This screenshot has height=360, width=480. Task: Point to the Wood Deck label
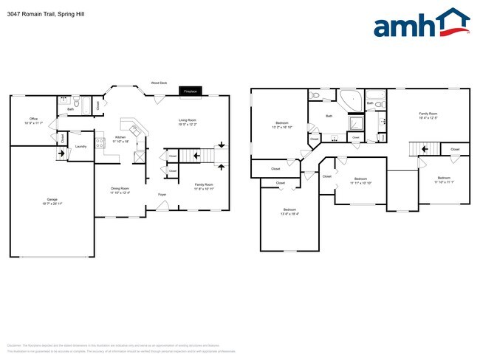(159, 83)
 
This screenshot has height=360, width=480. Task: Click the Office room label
(33, 119)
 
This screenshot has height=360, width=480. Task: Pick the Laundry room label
(80, 146)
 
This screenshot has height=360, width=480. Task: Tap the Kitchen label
(120, 136)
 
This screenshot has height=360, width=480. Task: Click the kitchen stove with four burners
(100, 140)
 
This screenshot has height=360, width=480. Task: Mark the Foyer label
(162, 195)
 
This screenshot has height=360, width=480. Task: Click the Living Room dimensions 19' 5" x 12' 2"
(187, 125)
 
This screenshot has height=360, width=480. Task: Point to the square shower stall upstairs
(355, 122)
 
